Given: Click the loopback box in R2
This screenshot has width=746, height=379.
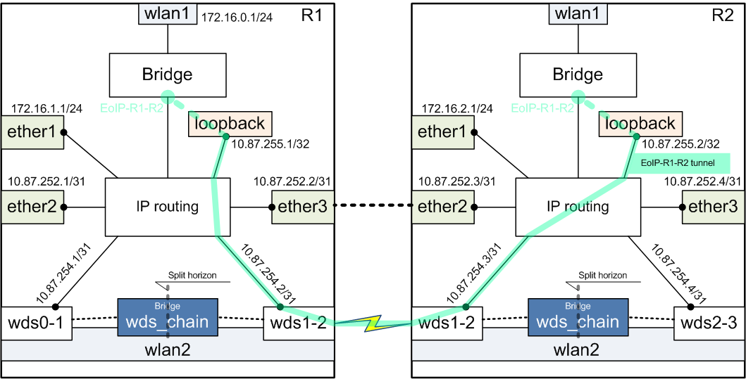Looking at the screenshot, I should point(638,124).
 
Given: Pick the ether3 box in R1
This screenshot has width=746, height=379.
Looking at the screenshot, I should point(301,207).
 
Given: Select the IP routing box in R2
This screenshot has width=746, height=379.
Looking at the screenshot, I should point(578,207).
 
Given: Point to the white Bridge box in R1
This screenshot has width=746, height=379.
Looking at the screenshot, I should point(167,74).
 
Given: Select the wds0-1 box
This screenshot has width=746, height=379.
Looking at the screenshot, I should point(36,323).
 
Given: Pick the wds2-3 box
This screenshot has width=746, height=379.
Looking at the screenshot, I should point(709,323).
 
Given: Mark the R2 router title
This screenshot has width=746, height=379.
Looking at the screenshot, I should point(722,15).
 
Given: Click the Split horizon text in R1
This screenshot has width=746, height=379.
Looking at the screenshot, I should point(192,276).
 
